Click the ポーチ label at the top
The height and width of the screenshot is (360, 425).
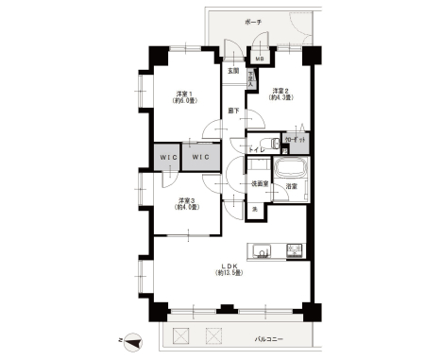click(278, 21)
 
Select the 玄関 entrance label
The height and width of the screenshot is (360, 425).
click(232, 71)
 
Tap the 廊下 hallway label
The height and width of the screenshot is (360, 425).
click(232, 111)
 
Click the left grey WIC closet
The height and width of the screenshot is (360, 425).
click(166, 156)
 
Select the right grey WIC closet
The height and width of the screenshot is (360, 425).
click(201, 156)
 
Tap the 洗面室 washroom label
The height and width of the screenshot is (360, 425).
click(259, 184)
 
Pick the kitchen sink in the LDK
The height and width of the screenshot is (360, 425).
click(263, 252)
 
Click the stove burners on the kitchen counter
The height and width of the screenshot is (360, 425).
click(295, 252)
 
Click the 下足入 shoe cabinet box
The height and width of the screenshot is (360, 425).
click(250, 80)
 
